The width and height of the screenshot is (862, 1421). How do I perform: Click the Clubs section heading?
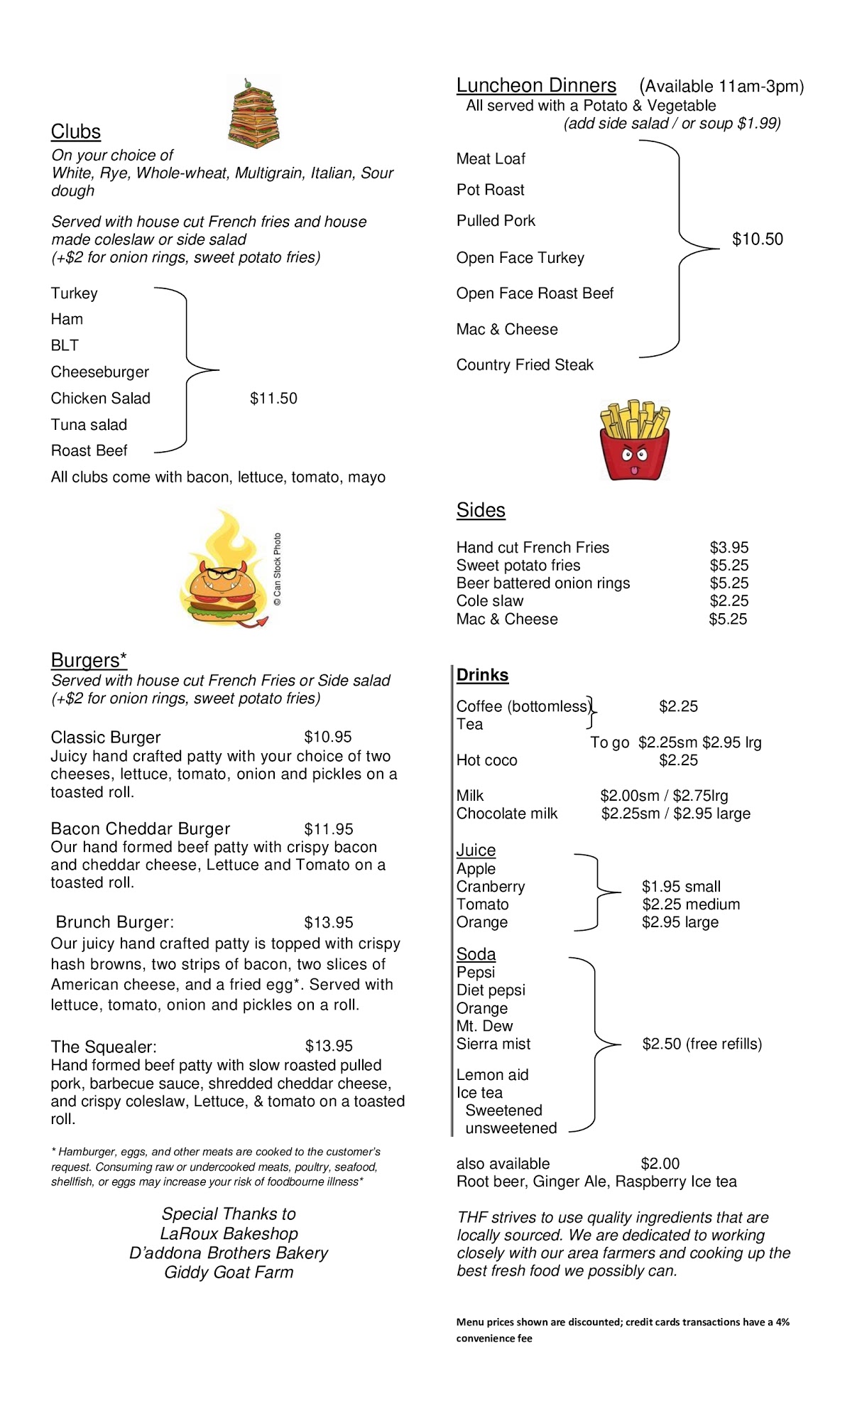(76, 131)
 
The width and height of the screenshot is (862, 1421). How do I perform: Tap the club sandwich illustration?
(253, 114)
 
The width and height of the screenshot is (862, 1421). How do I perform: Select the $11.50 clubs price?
(273, 399)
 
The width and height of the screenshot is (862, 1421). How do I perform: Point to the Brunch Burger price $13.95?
(329, 922)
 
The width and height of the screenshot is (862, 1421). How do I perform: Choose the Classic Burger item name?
(106, 737)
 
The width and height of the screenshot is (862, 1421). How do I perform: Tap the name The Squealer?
(104, 1047)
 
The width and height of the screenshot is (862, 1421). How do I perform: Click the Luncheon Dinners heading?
(536, 85)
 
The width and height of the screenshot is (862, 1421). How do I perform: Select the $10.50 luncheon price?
(758, 239)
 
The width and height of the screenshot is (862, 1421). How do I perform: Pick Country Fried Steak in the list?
(525, 365)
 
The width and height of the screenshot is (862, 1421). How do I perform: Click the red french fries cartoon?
(634, 441)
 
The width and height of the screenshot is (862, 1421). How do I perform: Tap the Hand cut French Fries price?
(729, 548)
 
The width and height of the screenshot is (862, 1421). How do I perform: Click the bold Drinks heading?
(483, 675)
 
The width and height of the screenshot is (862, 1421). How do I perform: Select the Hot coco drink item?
(487, 760)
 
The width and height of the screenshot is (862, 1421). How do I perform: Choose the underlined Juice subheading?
(476, 850)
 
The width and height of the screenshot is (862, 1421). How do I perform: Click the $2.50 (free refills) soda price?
(702, 1044)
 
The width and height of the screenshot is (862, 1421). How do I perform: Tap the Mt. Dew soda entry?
(484, 1026)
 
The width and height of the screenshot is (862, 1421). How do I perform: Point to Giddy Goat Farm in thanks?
(229, 1273)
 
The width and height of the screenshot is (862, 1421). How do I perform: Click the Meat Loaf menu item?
(491, 159)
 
